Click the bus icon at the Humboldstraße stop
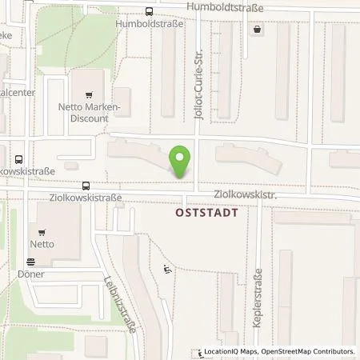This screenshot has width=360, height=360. pyautogui.click(x=149, y=11)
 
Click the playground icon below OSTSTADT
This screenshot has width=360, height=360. pyautogui.click(x=166, y=270)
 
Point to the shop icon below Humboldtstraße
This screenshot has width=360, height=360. pyautogui.click(x=256, y=30)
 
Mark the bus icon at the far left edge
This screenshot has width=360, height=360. pyautogui.click(x=18, y=158)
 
